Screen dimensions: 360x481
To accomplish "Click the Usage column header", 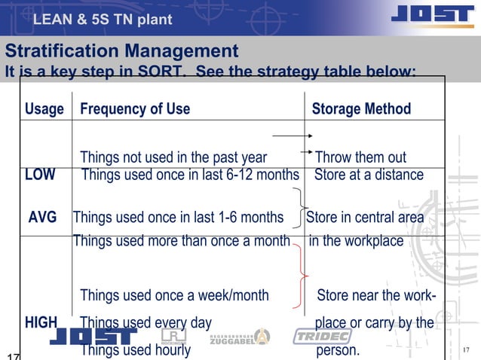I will [x=44, y=109].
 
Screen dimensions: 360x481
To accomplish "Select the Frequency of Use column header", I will [x=135, y=109].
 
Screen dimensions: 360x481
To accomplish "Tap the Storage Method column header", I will [x=361, y=109].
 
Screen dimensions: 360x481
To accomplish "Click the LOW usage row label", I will [x=40, y=175].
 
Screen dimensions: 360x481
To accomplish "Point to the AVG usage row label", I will [x=43, y=218].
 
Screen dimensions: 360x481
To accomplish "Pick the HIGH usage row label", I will [x=41, y=323].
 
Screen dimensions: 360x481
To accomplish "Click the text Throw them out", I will [x=360, y=158].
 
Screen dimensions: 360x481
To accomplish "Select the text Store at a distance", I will [x=369, y=175].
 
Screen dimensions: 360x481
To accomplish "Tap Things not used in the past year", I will [x=173, y=158].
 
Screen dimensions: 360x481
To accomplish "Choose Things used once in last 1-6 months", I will [x=178, y=218].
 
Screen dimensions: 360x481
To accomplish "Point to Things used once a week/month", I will [x=174, y=295].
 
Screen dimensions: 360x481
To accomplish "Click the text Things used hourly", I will [x=136, y=350].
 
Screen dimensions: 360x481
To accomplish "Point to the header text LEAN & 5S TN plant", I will [x=103, y=18].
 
